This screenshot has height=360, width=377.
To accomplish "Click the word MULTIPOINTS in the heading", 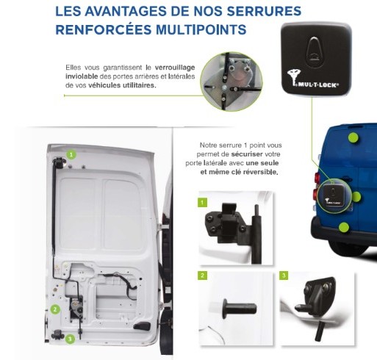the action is [x=201, y=29].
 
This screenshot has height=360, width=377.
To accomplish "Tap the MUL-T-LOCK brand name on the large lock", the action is [x=318, y=85].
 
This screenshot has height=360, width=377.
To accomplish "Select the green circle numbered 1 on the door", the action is [x=71, y=154].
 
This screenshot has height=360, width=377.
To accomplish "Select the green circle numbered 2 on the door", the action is [x=55, y=309].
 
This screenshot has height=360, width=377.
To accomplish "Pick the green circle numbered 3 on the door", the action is [x=70, y=339].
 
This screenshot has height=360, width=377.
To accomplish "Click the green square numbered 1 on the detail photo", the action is [x=202, y=203].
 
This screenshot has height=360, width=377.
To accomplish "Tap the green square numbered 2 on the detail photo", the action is [x=202, y=276].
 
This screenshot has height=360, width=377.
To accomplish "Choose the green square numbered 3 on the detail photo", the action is [x=284, y=276].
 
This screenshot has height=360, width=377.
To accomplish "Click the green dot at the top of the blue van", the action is [x=353, y=137].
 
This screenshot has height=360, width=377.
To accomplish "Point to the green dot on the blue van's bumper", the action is [x=344, y=228].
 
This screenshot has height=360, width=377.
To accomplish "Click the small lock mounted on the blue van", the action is [x=333, y=195].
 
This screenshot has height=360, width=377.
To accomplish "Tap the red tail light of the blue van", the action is [x=316, y=187].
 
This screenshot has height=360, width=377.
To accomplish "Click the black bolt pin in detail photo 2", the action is [x=239, y=309].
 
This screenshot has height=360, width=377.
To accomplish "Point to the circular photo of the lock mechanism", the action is [x=231, y=82].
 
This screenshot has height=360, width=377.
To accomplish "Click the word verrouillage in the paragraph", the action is [x=175, y=68].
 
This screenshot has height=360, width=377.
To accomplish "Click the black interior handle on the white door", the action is [x=142, y=326].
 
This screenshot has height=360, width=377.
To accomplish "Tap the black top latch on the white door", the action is [x=59, y=162].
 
